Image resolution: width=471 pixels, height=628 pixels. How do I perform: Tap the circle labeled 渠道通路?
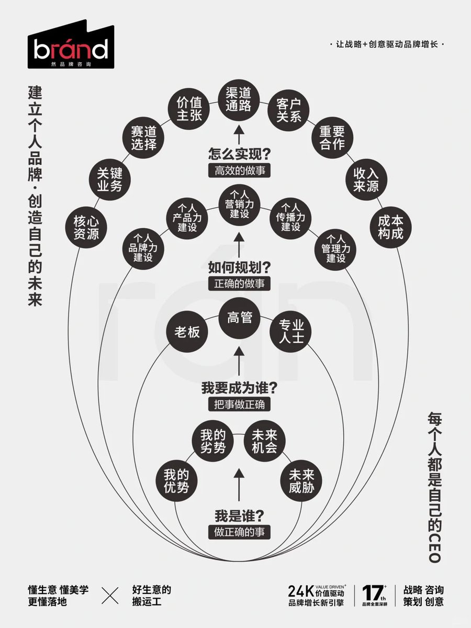click(x=239, y=98)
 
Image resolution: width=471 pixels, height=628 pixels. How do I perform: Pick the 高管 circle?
click(x=239, y=317)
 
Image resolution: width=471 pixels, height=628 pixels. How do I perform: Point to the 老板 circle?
click(x=187, y=332)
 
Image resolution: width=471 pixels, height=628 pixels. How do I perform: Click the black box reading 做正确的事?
click(x=239, y=531)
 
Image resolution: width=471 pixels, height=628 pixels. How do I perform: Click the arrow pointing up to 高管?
click(x=239, y=361)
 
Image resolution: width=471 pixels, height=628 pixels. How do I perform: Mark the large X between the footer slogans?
click(x=110, y=596)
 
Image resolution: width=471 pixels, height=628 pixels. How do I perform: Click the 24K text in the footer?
click(x=300, y=591)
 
